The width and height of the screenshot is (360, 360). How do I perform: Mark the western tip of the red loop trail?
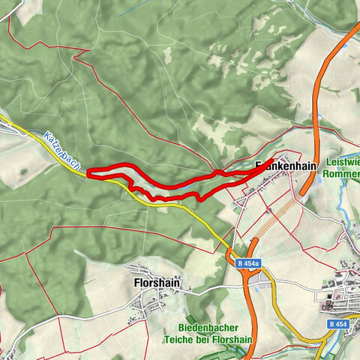tap(88, 173)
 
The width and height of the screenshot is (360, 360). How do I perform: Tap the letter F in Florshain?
tap(136, 283)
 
